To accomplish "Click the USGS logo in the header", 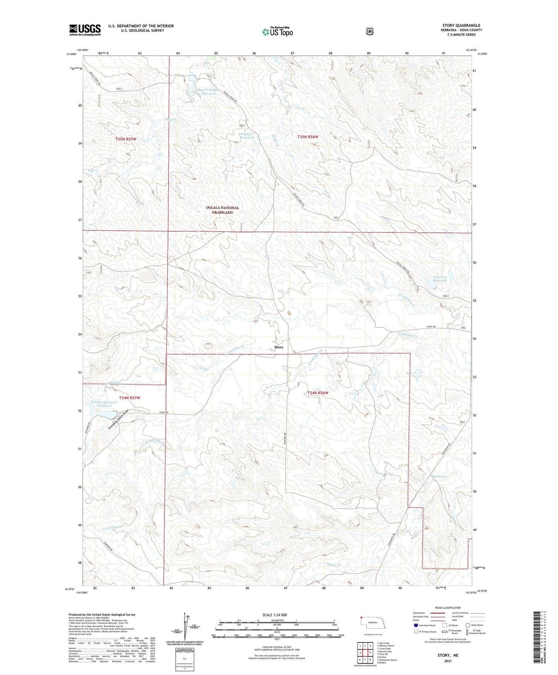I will (85, 30).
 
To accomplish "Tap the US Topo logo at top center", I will (277, 32).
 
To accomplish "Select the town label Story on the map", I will (278, 347).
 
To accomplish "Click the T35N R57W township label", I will (126, 139).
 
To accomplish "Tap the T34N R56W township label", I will (317, 393).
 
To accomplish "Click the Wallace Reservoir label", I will (246, 136).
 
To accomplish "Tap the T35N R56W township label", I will (307, 137).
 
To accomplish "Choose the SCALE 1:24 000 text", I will (275, 615).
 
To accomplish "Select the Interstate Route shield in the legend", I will (416, 625).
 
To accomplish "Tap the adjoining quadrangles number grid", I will (365, 653).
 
